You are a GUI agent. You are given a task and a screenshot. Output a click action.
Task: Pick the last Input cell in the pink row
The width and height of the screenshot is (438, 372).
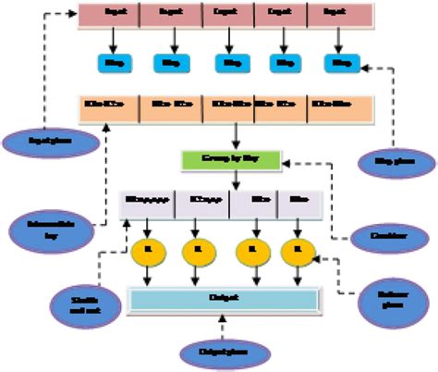point(342,15)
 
